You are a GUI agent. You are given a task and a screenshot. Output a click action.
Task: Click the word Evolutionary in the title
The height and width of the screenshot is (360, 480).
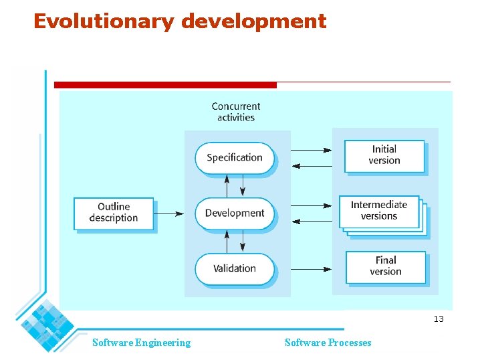[104, 22]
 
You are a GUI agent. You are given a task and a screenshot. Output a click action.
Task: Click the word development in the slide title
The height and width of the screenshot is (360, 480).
[253, 22]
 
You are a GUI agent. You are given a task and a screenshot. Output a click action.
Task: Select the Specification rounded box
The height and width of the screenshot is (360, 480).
[235, 158]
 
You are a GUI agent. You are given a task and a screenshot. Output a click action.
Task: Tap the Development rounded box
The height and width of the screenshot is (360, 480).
[235, 213]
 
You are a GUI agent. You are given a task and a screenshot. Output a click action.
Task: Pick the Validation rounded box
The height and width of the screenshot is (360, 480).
[235, 268]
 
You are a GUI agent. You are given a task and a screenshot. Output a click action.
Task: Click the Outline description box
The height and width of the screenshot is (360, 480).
[114, 213]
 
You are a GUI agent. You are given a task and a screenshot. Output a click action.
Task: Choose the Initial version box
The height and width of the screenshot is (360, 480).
[384, 155]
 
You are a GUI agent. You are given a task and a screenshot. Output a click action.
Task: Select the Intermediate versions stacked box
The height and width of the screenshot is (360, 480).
[379, 211]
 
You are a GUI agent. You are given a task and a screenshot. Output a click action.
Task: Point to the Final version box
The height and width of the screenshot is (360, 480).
[386, 266]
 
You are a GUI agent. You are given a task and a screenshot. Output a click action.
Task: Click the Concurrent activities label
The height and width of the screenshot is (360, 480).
[236, 112]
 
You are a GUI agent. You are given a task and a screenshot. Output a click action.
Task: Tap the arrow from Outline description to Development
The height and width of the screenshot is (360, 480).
[169, 214]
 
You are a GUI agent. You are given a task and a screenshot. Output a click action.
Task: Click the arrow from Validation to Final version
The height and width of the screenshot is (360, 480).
[312, 270]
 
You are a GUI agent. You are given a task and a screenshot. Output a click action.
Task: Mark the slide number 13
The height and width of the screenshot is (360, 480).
[439, 319]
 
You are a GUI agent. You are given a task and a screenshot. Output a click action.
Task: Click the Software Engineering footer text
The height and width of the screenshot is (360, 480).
[141, 343]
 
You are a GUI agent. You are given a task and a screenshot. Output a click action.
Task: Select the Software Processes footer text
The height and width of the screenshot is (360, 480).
[328, 343]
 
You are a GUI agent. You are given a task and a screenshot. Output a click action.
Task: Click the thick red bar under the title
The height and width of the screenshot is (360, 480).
[165, 85]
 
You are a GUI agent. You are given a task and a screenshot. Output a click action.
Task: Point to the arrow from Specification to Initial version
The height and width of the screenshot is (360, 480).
[312, 150]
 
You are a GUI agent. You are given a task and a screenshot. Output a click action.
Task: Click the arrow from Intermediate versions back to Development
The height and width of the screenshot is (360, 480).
[312, 221]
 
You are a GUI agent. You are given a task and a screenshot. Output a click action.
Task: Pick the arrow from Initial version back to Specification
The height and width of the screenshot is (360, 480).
[312, 166]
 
